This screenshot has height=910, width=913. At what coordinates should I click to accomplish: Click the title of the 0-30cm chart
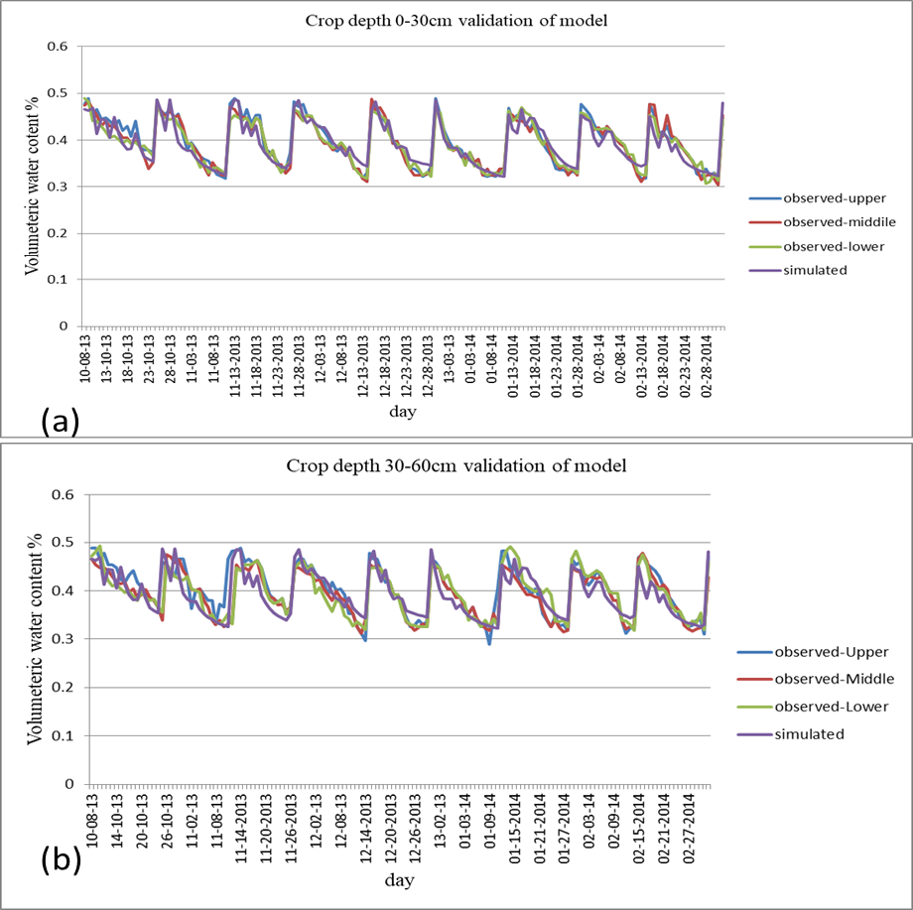(456, 21)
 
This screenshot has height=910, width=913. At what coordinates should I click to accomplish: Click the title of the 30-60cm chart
(456, 465)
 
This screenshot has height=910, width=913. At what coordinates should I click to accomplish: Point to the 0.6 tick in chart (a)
(58, 46)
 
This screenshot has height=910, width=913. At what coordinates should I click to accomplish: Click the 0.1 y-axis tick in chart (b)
(63, 735)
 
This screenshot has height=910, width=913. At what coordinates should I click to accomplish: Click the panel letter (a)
(60, 421)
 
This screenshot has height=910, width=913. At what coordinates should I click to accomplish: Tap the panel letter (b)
(62, 860)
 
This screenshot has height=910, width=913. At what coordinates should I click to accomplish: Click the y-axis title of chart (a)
(32, 186)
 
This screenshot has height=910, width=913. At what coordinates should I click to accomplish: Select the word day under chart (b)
(399, 879)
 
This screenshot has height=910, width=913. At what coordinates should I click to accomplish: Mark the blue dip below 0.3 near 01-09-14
(489, 643)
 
